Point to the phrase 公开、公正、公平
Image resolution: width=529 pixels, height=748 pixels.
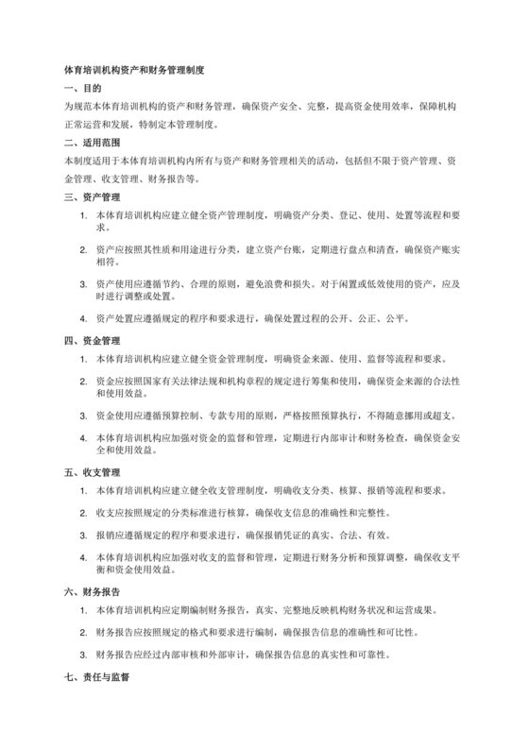[380, 316]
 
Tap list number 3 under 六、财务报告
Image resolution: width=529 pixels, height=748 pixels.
[84, 654]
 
